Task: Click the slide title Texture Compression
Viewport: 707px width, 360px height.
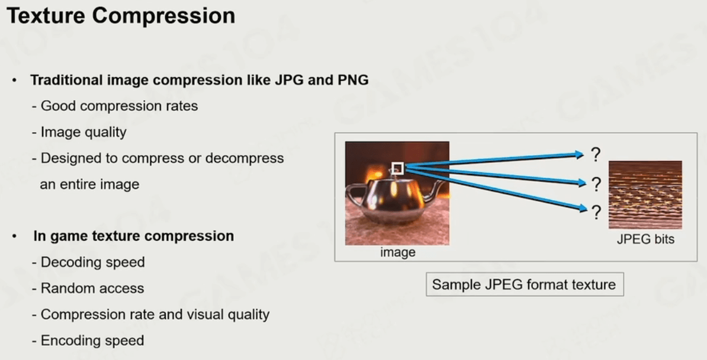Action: (121, 16)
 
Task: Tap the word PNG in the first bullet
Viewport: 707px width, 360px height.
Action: (353, 80)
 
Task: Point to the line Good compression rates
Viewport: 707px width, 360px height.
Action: (115, 106)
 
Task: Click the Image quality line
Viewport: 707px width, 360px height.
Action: (79, 132)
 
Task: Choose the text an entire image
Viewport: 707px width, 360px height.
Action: (89, 185)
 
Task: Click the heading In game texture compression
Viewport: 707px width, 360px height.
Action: (133, 236)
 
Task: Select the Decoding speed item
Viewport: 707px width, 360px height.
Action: (88, 262)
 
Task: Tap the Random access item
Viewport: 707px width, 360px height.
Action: (88, 288)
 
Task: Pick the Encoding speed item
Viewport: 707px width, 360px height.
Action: (88, 340)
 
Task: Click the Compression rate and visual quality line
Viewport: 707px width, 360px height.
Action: (150, 314)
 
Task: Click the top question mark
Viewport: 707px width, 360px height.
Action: (596, 155)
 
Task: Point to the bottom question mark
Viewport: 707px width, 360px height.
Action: (596, 212)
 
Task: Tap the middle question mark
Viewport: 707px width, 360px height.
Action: (596, 184)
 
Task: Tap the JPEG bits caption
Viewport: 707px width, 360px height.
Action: (645, 239)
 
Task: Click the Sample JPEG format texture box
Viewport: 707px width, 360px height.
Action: (525, 284)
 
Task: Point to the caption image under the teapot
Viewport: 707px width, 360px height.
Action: (398, 252)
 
